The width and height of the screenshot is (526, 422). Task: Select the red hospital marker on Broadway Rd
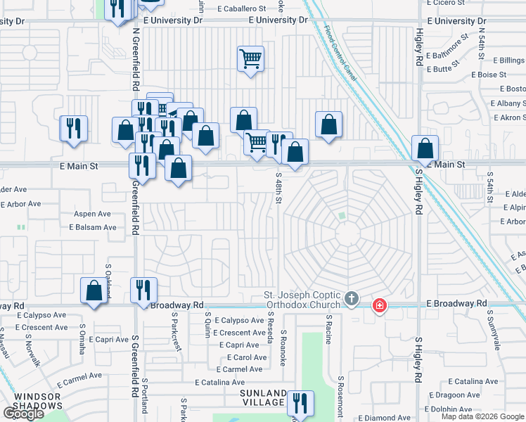click(x=379, y=305)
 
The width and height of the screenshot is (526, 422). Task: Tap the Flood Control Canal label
click(x=340, y=53)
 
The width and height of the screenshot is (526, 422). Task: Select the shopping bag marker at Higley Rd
click(x=425, y=149)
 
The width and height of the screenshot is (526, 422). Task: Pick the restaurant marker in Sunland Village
click(x=300, y=404)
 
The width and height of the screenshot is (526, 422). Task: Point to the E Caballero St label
click(x=242, y=8)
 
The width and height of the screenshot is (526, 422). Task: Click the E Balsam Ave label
click(x=93, y=227)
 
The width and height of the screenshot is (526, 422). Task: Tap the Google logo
click(x=23, y=414)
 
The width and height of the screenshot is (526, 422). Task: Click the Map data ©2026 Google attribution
click(x=482, y=416)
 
